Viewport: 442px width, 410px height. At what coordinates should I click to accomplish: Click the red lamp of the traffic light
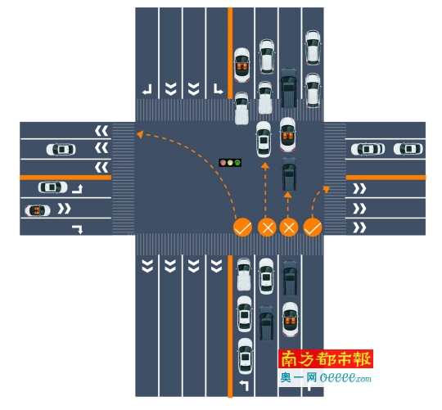click(x=223, y=163)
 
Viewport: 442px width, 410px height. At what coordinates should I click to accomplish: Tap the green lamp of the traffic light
click(x=237, y=163)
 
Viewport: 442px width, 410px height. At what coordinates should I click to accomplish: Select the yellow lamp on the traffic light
click(x=230, y=163)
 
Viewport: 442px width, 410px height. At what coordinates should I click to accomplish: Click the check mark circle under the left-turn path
click(x=242, y=228)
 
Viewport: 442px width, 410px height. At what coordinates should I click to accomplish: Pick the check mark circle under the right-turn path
click(x=313, y=228)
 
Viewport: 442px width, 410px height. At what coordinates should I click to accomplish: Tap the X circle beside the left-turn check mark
click(x=267, y=228)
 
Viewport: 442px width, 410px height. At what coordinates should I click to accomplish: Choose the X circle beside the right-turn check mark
click(x=289, y=228)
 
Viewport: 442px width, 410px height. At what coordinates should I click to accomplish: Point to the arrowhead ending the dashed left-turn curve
click(x=140, y=134)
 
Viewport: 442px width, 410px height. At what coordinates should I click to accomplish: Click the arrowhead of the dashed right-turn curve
click(x=327, y=189)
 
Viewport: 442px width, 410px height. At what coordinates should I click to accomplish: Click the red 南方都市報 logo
click(x=326, y=358)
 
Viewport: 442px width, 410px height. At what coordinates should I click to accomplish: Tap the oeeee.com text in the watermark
click(x=345, y=377)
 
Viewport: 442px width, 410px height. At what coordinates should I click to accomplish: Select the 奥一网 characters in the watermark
click(x=299, y=377)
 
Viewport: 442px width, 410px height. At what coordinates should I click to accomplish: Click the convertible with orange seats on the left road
click(x=38, y=210)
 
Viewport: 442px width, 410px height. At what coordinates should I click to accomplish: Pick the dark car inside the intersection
click(x=289, y=173)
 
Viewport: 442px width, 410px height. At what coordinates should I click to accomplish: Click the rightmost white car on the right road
click(x=408, y=149)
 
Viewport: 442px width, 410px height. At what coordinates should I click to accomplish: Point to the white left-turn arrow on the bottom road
click(x=244, y=385)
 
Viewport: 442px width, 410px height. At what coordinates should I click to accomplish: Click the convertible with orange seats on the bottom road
click(x=291, y=319)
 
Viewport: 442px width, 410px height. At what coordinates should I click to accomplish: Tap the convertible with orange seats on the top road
click(x=241, y=65)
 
